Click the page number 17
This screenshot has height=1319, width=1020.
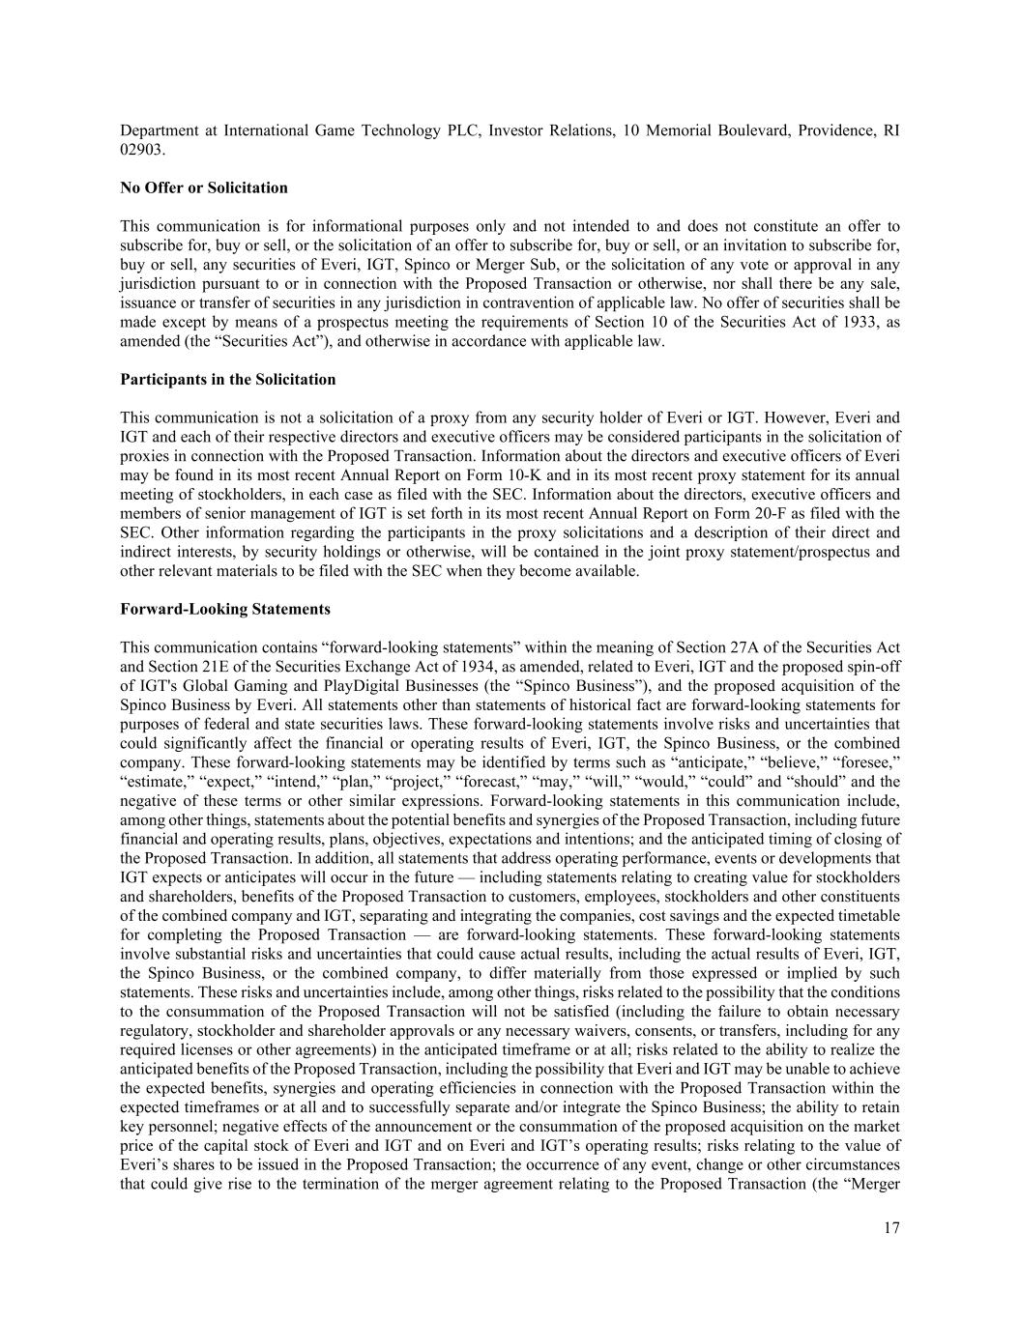tap(890, 1228)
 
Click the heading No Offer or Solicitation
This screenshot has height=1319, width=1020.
tap(204, 187)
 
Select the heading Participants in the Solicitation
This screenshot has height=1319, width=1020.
tap(228, 379)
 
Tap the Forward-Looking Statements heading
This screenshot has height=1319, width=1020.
tap(225, 609)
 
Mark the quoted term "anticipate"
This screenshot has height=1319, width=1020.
tap(709, 762)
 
